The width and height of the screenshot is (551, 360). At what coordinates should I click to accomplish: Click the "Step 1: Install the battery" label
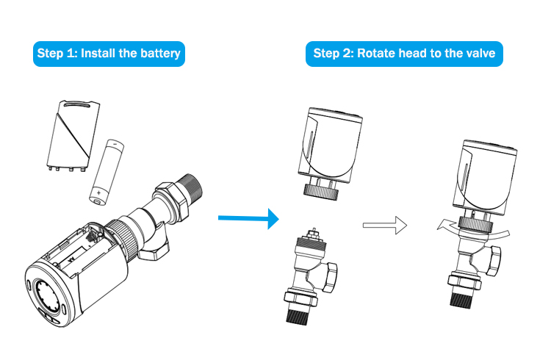pyautogui.click(x=108, y=54)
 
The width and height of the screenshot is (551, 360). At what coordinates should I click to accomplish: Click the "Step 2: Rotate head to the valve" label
pyautogui.click(x=403, y=54)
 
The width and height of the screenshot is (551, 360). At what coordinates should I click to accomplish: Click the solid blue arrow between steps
pyautogui.click(x=249, y=217)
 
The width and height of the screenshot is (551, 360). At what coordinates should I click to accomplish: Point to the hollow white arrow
pyautogui.click(x=385, y=224)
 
